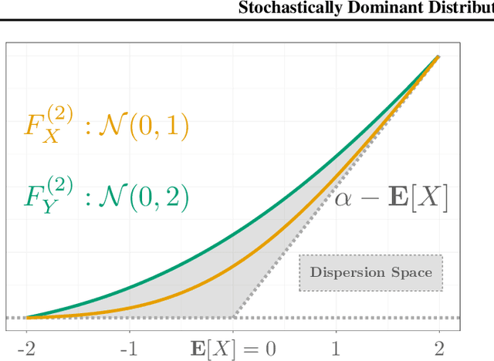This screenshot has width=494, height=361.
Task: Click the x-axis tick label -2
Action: (x=25, y=348)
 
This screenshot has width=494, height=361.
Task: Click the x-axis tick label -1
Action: (x=129, y=348)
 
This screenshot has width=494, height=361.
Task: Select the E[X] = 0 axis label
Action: (x=232, y=348)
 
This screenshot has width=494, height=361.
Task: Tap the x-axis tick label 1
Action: (x=336, y=348)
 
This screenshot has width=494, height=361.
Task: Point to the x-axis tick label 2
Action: (x=438, y=348)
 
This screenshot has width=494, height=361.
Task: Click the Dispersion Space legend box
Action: (x=371, y=272)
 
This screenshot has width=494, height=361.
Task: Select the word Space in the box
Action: (x=414, y=272)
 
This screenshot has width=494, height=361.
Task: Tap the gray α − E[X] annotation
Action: (x=391, y=198)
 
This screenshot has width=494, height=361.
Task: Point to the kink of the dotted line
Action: (x=233, y=317)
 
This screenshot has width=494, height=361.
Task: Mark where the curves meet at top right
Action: (x=438, y=57)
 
